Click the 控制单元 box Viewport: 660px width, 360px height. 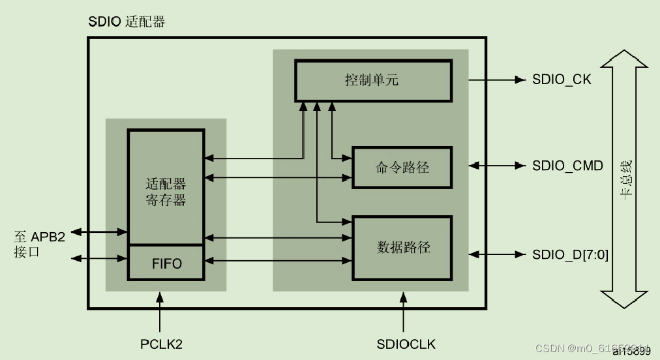tap(372, 80)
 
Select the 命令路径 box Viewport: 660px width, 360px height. tap(402, 167)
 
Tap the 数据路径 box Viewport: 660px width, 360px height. tap(402, 248)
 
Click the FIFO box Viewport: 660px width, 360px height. tap(166, 263)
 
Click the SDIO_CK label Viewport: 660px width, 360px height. tap(562, 80)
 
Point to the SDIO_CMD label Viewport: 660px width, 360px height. tap(567, 166)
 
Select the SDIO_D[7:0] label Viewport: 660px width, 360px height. tap(570, 255)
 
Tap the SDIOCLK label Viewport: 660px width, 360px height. tap(406, 344)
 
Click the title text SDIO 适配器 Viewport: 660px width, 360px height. tap(127, 22)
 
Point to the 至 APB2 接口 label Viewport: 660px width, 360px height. tap(39, 243)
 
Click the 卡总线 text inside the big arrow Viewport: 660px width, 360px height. tap(625, 179)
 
